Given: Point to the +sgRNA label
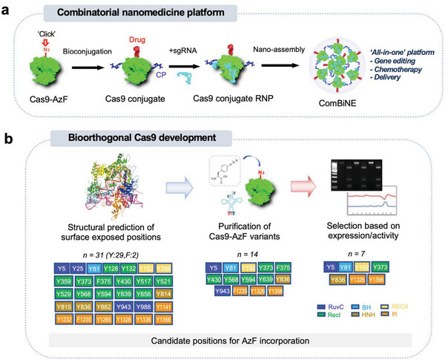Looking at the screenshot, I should point(195,44).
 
